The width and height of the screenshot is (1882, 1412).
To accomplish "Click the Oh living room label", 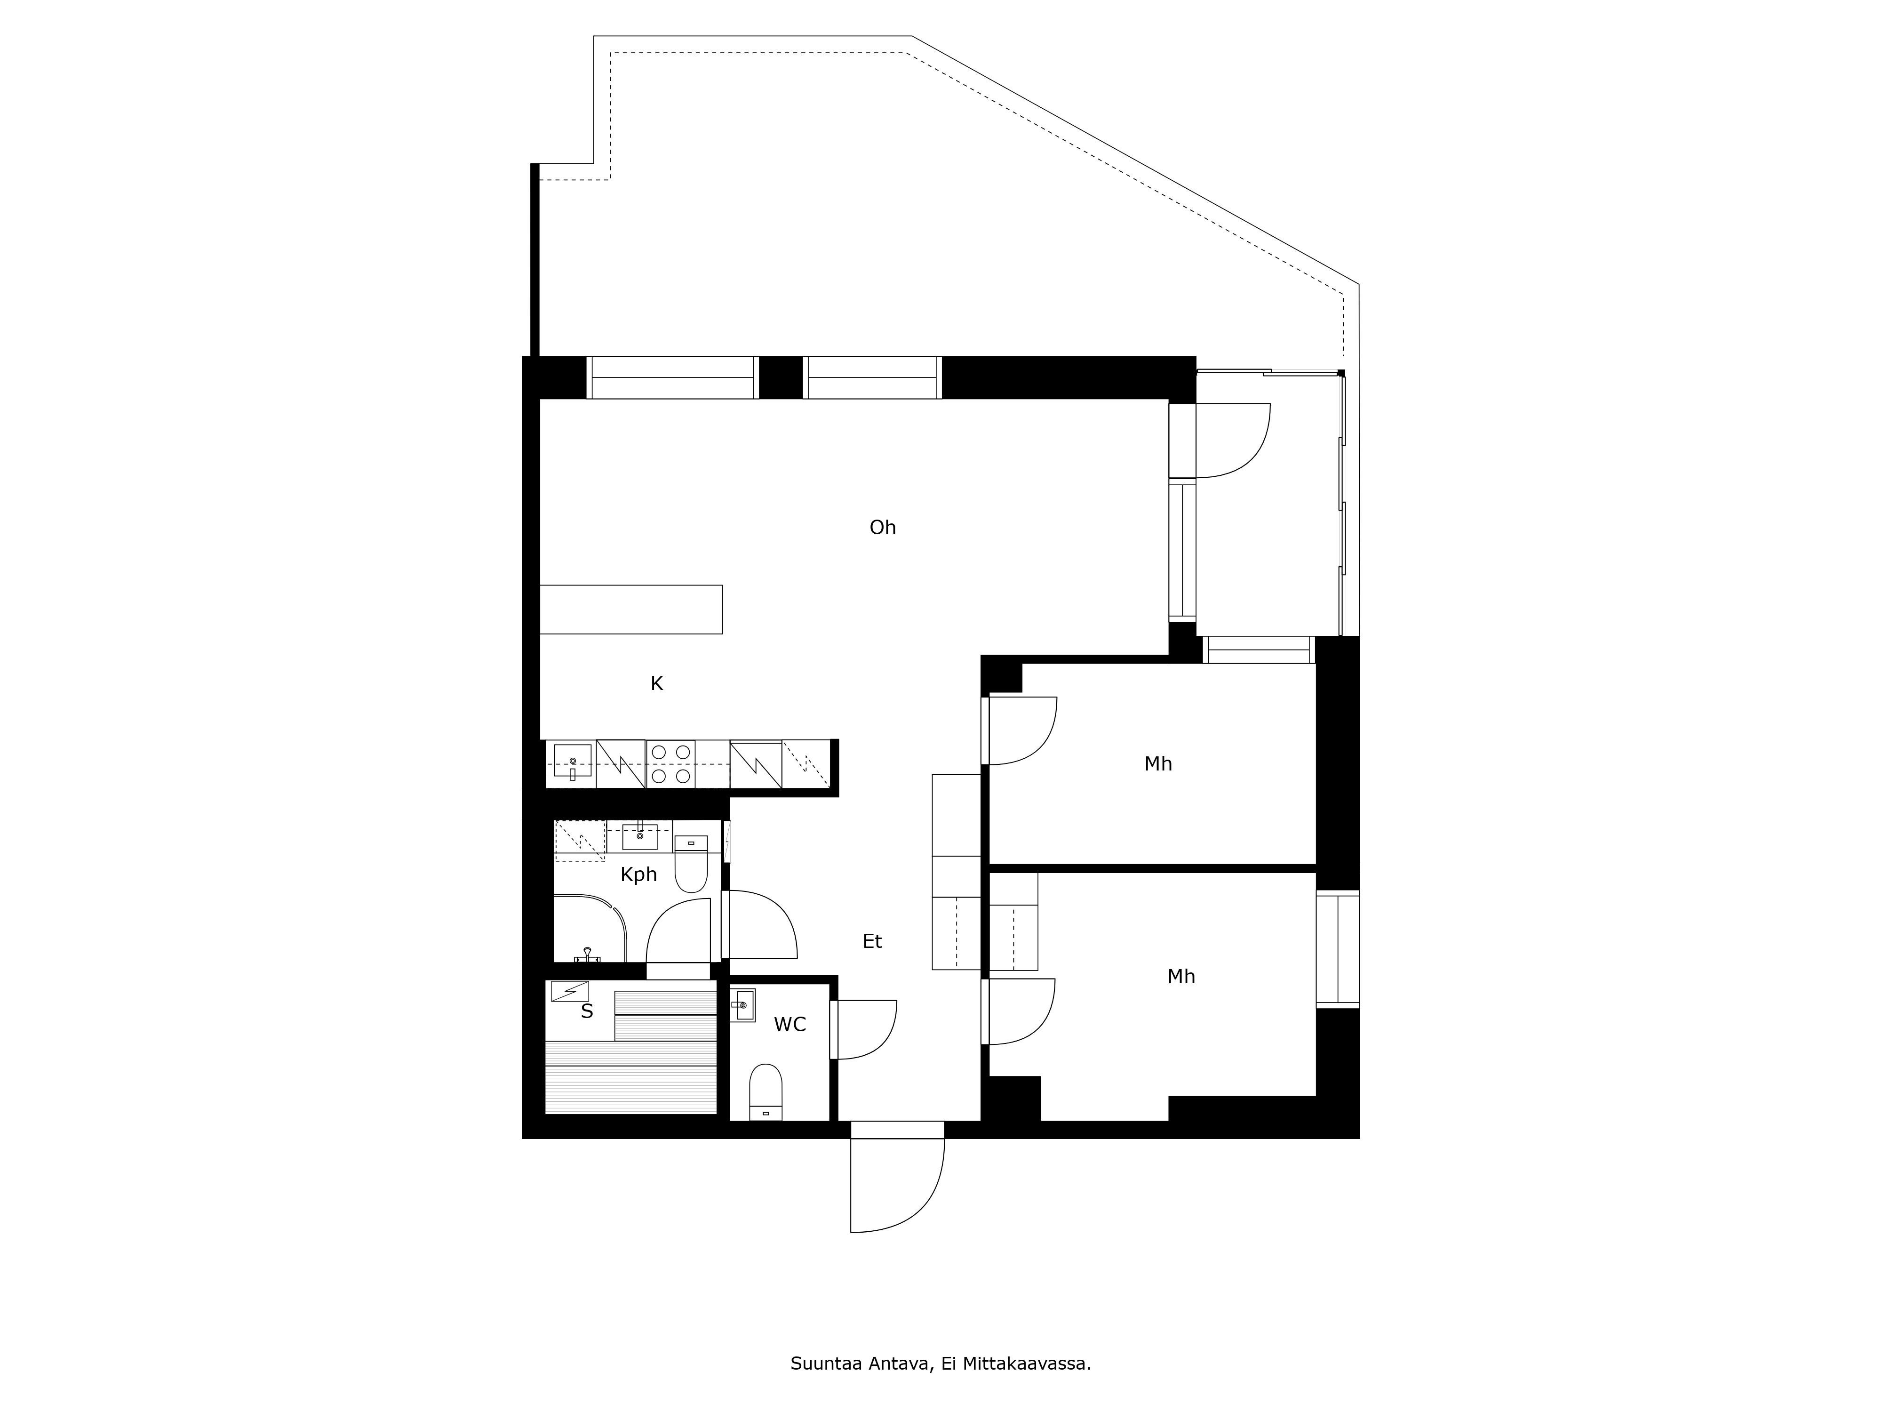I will (882, 528).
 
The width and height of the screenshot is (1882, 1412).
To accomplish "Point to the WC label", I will (789, 1025).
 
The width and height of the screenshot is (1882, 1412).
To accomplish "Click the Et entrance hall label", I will (872, 941).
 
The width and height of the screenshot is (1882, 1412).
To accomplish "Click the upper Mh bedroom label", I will (1158, 764).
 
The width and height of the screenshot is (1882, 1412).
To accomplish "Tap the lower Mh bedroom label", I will (1181, 977).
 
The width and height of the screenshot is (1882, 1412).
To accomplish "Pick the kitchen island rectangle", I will (631, 610).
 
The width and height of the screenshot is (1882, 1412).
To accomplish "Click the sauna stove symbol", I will (569, 992).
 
